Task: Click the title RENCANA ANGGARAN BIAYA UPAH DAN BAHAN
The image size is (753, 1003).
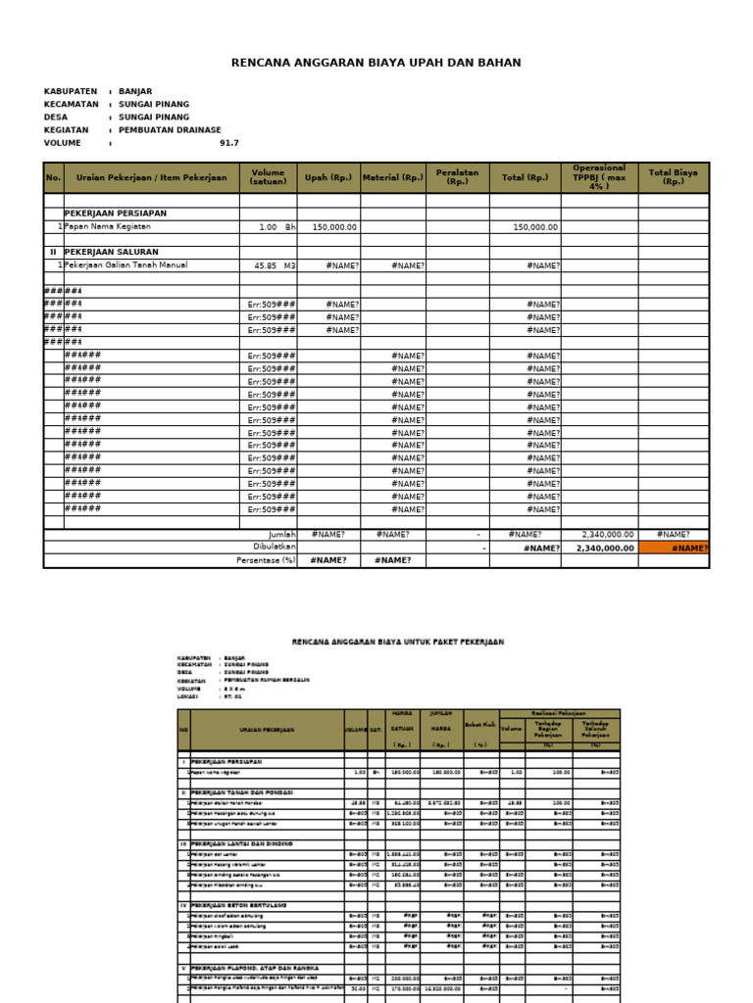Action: click(x=376, y=63)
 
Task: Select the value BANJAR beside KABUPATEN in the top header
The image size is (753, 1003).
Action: click(x=135, y=91)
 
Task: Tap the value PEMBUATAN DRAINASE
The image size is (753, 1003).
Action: click(x=170, y=129)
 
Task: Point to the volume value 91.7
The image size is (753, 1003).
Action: click(x=228, y=143)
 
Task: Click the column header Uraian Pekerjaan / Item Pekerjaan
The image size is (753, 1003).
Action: click(x=151, y=178)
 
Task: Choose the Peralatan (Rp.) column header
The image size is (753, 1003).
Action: click(x=457, y=177)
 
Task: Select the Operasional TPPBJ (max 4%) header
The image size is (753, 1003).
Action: click(x=599, y=177)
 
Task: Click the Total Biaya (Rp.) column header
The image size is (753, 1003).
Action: click(x=673, y=177)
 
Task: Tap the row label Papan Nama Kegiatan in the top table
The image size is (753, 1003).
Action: click(x=111, y=226)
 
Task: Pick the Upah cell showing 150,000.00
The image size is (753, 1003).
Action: click(x=334, y=227)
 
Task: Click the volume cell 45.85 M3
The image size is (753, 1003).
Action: click(x=275, y=265)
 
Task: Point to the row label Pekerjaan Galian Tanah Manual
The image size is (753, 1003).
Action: click(x=125, y=264)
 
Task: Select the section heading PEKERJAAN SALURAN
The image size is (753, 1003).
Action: click(x=111, y=252)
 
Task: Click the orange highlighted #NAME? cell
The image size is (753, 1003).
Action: click(x=673, y=549)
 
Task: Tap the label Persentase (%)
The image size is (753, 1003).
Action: click(x=266, y=561)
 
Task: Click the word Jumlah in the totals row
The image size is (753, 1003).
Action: click(x=282, y=535)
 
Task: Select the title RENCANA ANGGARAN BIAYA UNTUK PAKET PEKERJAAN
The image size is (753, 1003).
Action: click(x=398, y=642)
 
